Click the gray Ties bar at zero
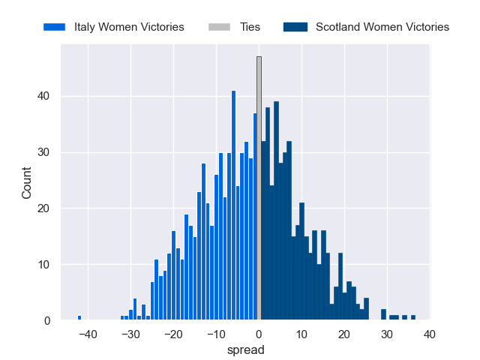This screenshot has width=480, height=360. click(259, 187)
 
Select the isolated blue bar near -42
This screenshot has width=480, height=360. click(79, 317)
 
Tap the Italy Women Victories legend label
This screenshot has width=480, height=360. click(129, 27)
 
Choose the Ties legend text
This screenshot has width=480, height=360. click(250, 27)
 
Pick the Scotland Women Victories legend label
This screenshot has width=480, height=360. click(382, 27)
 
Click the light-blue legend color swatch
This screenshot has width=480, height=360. click(55, 27)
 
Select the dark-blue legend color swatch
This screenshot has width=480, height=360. click(296, 27)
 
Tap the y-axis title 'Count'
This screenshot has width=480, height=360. click(27, 183)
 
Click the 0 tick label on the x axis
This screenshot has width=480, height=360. click(259, 334)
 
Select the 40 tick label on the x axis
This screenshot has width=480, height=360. click(429, 334)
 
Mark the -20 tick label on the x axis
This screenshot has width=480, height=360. click(172, 334)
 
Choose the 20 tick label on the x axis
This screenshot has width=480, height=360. click(344, 334)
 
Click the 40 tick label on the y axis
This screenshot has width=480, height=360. click(45, 96)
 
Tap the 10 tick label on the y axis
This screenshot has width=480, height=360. click(45, 265)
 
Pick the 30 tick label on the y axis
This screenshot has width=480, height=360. click(45, 152)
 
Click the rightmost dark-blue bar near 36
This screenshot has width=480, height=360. click(412, 317)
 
